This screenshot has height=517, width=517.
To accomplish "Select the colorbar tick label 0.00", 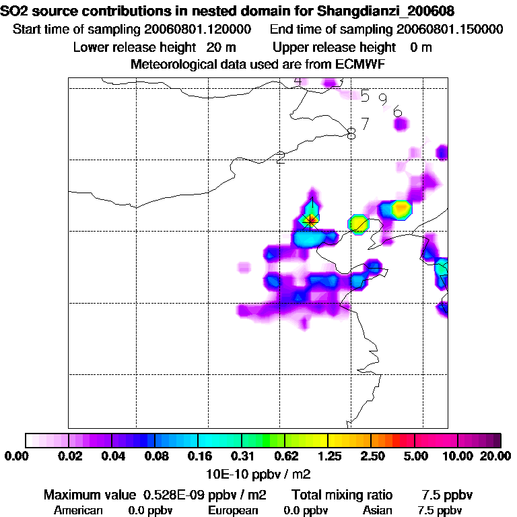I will tap(15, 456).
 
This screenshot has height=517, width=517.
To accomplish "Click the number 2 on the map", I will tap(281, 158).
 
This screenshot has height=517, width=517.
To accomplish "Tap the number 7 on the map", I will tap(365, 124).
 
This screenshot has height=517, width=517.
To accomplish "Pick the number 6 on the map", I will tap(397, 112).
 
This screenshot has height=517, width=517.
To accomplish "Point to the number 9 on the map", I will tap(382, 100).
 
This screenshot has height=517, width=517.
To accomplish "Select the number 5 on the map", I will tap(365, 96).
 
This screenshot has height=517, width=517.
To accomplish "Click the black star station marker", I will tap(310, 219).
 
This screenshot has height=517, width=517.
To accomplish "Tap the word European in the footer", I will tap(233, 510).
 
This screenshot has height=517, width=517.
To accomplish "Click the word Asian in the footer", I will tap(378, 510).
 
